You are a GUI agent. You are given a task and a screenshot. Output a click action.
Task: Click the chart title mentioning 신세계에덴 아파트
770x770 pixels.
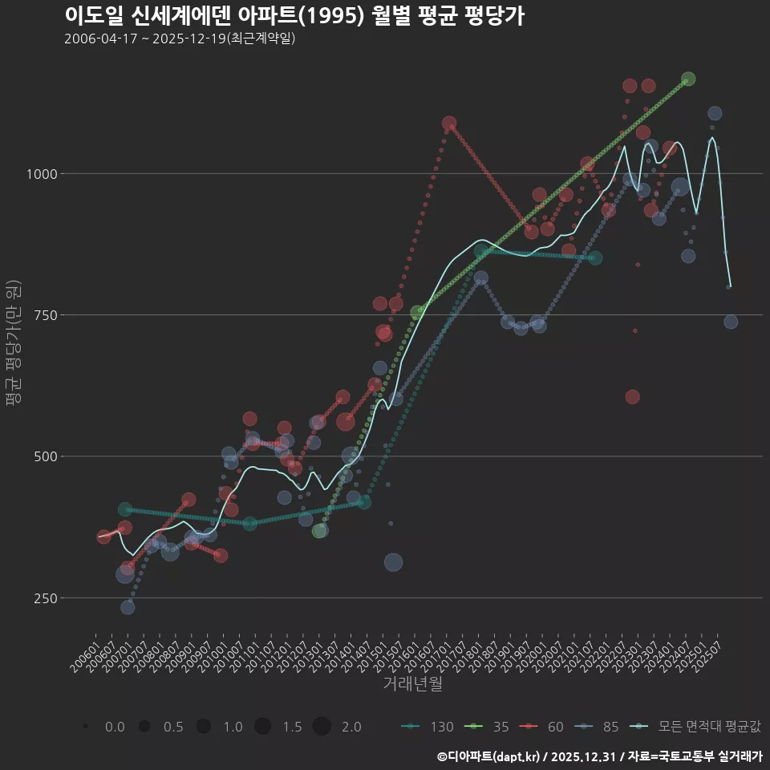click(294, 16)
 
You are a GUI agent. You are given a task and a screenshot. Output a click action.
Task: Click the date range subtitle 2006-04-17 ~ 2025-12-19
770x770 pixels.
click(180, 38)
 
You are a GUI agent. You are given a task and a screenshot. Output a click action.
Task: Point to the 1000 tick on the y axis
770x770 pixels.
click(38, 174)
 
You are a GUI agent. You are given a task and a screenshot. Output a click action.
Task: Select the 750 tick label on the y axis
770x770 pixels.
click(43, 315)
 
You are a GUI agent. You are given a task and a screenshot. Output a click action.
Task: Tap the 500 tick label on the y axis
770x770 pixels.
click(43, 456)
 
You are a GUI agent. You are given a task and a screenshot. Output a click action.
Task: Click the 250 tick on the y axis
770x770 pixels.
click(43, 598)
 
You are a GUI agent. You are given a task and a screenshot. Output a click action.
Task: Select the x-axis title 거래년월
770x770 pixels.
click(412, 684)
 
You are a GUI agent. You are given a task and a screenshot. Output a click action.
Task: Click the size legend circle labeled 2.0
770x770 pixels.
click(322, 727)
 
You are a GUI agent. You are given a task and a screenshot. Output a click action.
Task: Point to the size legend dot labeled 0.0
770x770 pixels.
click(85, 727)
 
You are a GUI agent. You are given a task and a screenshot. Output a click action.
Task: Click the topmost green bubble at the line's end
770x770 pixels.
click(688, 79)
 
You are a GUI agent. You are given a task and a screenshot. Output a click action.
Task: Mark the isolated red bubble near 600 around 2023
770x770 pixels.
click(632, 397)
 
